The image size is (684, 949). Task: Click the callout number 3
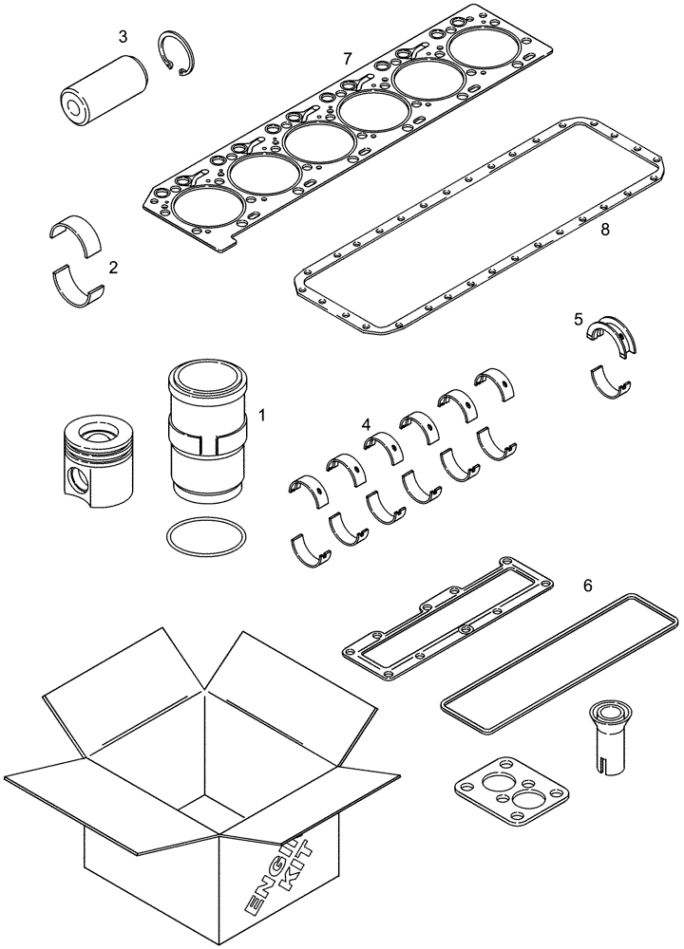tap(123, 37)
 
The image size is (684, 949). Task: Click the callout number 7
tap(348, 59)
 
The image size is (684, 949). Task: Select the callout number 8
tap(604, 230)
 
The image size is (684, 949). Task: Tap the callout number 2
tap(114, 268)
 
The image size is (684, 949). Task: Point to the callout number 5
tap(579, 321)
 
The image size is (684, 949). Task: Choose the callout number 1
tap(262, 416)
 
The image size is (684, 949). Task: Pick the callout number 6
tap(587, 586)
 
